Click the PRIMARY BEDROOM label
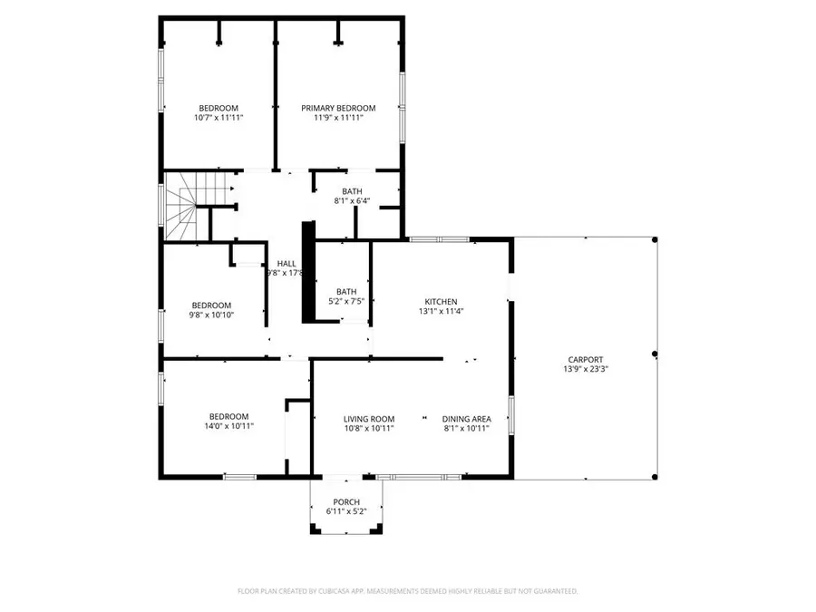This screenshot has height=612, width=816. click(338, 108)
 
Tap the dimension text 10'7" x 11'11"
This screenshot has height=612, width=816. click(219, 118)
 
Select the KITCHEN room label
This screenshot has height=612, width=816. click(442, 302)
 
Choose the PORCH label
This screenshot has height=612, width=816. click(346, 502)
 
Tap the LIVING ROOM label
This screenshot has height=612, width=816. click(369, 419)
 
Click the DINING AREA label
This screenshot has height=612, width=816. click(466, 419)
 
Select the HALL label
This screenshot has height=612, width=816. click(286, 263)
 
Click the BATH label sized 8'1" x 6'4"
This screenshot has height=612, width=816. click(352, 191)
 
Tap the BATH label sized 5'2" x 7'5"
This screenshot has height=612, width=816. click(346, 291)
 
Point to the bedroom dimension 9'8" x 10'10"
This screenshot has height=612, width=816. click(211, 316)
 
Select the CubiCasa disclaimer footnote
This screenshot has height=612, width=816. click(407, 591)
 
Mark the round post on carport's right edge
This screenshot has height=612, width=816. click(655, 354)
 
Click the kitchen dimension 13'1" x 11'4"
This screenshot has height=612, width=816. click(442, 312)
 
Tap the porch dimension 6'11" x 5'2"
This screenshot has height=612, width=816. click(346, 512)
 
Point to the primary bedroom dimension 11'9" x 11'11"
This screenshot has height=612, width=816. click(338, 118)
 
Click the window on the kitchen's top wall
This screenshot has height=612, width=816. click(439, 239)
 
